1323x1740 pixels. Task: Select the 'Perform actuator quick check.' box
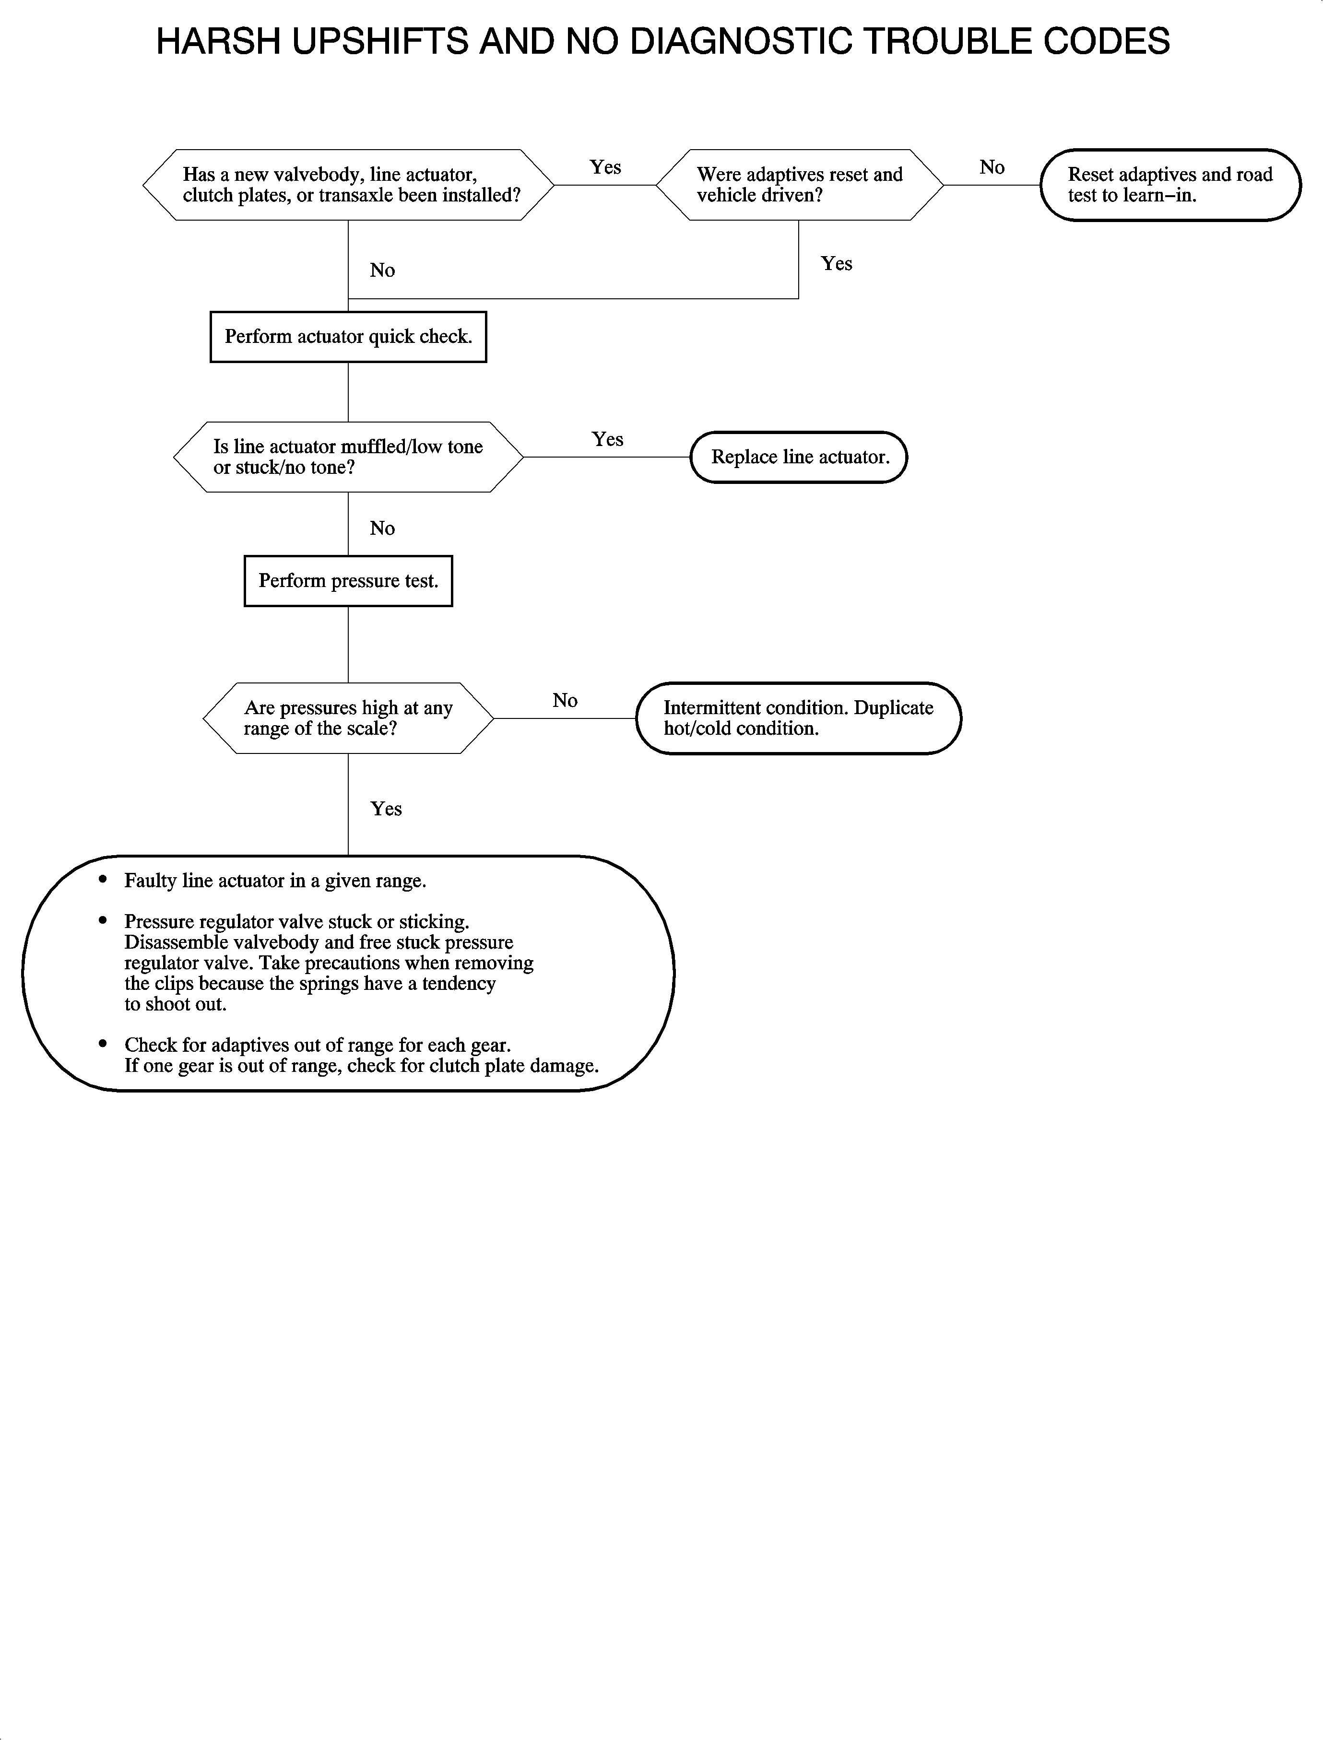click(x=348, y=337)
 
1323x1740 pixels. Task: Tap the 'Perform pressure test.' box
click(x=348, y=581)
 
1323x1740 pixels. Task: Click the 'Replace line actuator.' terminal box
click(x=799, y=458)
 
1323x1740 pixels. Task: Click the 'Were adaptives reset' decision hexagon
click(x=799, y=185)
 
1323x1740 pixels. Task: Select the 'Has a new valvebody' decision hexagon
click(x=348, y=185)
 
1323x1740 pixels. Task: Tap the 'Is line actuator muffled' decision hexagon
click(x=348, y=458)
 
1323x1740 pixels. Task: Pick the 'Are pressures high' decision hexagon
click(x=348, y=718)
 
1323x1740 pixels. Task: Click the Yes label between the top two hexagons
click(x=605, y=168)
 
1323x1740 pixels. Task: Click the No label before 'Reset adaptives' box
click(x=992, y=168)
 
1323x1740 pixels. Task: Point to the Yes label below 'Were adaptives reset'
click(x=836, y=264)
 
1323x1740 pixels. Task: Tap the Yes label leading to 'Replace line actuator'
click(x=607, y=439)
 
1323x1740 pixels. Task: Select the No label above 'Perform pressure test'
click(x=382, y=529)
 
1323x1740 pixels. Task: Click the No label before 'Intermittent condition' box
click(x=565, y=701)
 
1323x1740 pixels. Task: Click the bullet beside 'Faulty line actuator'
click(x=102, y=880)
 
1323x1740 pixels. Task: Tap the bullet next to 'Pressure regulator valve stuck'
click(x=102, y=920)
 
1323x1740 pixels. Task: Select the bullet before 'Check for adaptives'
click(x=102, y=1044)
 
